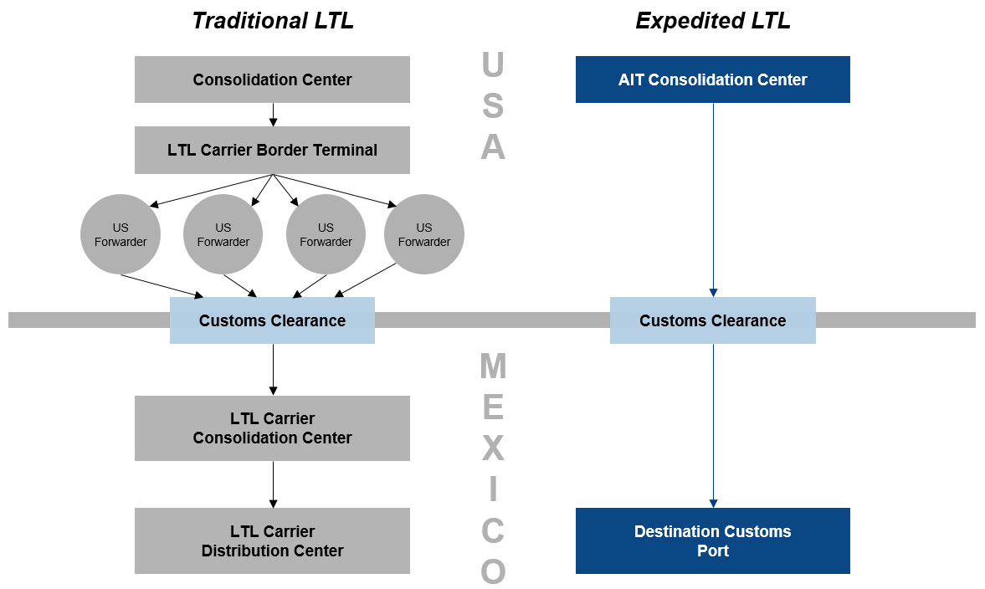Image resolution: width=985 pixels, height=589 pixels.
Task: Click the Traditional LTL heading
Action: point(273,21)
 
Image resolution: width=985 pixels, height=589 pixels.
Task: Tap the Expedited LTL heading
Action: point(712,21)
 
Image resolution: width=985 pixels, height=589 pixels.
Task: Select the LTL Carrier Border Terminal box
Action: point(272,151)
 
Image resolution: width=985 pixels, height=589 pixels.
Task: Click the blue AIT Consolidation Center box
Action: point(712,79)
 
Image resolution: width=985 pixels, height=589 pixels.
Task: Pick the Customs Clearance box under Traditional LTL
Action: point(272,320)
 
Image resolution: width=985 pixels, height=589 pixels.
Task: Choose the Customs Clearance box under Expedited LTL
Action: point(712,320)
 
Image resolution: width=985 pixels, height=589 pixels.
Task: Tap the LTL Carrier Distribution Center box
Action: point(272,540)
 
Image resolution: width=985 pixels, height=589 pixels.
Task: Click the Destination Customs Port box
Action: point(712,540)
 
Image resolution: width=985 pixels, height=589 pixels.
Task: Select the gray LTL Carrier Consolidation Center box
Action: point(272,428)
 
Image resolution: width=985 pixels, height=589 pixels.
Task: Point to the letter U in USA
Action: point(493,65)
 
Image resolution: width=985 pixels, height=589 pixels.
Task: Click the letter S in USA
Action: point(493,106)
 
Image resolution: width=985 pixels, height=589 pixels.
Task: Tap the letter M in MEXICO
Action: point(493,366)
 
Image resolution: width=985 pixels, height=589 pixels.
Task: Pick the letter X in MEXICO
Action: point(493,448)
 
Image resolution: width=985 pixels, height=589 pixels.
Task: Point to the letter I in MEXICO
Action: point(493,489)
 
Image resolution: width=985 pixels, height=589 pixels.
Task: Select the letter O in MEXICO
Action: point(493,571)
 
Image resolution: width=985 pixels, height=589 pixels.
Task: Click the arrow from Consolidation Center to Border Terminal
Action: point(273,115)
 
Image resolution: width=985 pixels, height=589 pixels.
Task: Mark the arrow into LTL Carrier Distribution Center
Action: point(273,484)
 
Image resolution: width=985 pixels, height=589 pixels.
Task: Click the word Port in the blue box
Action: point(712,551)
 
